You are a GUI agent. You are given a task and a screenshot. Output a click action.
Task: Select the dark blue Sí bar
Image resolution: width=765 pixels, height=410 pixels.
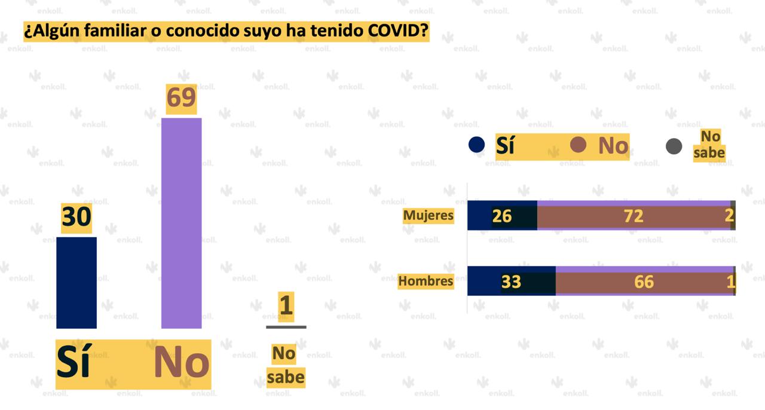[76, 283]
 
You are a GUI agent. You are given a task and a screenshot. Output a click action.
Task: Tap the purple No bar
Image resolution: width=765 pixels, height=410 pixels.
[181, 223]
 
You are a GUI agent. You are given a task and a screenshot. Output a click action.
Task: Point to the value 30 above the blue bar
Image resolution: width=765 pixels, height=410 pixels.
[76, 218]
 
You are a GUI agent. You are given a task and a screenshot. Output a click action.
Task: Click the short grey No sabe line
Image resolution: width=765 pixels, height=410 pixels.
[286, 327]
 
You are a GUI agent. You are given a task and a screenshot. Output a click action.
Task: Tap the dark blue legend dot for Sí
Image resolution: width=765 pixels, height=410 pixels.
[476, 145]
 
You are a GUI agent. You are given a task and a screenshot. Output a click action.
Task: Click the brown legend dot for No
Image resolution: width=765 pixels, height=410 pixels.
[578, 145]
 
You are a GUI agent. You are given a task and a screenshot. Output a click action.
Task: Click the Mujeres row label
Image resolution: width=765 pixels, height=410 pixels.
[428, 215]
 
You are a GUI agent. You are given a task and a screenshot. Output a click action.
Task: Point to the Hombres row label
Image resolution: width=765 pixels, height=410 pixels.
[426, 280]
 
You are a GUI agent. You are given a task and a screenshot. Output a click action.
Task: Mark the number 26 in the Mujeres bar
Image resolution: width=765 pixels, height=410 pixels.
[501, 216]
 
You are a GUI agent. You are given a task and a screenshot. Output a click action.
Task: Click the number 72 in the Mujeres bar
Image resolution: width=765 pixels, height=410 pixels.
[634, 216]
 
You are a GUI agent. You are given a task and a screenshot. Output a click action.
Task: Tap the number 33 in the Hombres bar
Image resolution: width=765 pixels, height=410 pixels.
[511, 282]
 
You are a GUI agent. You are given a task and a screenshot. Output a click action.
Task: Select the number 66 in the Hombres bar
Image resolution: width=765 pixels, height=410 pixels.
[644, 282]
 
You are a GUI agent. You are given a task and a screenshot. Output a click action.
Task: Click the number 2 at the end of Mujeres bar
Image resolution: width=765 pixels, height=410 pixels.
[729, 216]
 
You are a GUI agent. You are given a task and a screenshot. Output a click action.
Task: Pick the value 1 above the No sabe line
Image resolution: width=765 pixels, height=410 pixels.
[286, 305]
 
